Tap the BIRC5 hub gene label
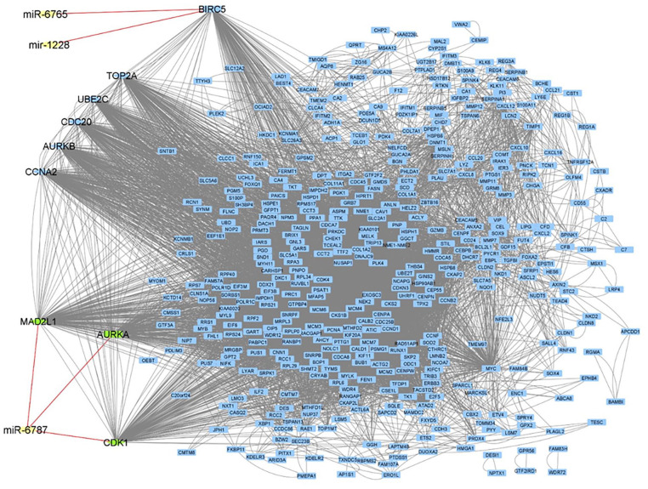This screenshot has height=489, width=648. tap(207, 9)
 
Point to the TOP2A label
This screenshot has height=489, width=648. tap(122, 77)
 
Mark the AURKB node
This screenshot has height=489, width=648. tap(58, 147)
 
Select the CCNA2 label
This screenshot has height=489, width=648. tap(41, 172)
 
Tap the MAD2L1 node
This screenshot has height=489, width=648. tap(38, 321)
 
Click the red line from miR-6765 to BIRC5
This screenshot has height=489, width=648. tap(128, 12)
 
